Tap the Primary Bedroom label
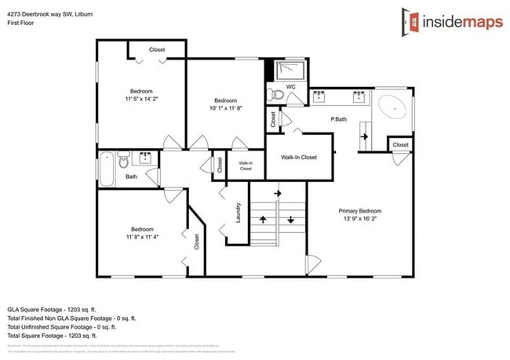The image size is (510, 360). tap(360, 211)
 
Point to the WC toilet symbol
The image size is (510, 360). tap(274, 95)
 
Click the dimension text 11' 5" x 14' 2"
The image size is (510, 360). tap(141, 100)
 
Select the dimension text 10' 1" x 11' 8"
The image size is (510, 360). tap(226, 109)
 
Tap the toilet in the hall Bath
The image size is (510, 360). tap(122, 162)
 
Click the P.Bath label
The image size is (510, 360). tap(339, 118)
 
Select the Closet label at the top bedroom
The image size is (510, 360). tap(157, 49)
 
